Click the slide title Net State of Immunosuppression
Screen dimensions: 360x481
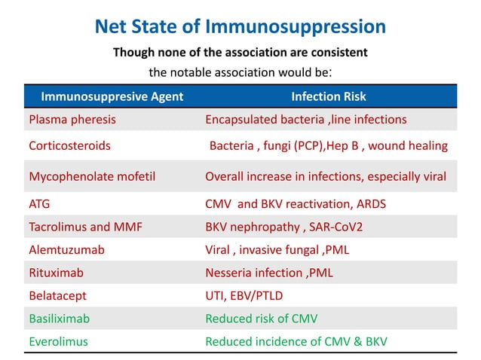pos(240,28)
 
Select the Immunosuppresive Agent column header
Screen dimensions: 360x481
pos(112,96)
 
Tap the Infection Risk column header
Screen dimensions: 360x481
pos(329,96)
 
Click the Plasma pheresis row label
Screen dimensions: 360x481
pos(72,119)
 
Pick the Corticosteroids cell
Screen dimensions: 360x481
pos(69,145)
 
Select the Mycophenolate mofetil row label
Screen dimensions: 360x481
pos(91,177)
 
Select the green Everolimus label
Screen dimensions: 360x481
pos(58,341)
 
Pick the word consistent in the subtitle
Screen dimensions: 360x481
pos(335,53)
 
